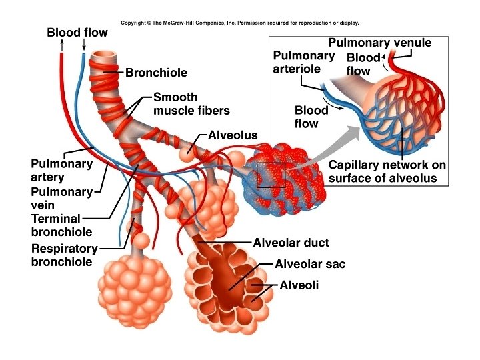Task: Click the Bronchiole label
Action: click(156, 72)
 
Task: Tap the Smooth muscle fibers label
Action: click(185, 103)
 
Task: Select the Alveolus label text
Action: click(233, 135)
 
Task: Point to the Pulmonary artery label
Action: click(56, 170)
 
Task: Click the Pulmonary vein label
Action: click(61, 199)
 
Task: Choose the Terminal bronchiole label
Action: click(61, 225)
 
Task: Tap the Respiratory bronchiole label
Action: click(64, 255)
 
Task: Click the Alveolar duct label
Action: click(291, 243)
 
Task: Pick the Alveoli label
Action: click(299, 285)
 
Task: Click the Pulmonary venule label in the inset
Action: click(380, 43)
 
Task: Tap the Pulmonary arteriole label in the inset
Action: click(303, 62)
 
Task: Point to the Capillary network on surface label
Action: click(387, 171)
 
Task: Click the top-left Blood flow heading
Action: click(77, 33)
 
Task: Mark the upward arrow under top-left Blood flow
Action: click(62, 45)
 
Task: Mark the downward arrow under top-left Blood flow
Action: click(84, 45)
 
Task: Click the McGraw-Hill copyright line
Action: click(240, 22)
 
